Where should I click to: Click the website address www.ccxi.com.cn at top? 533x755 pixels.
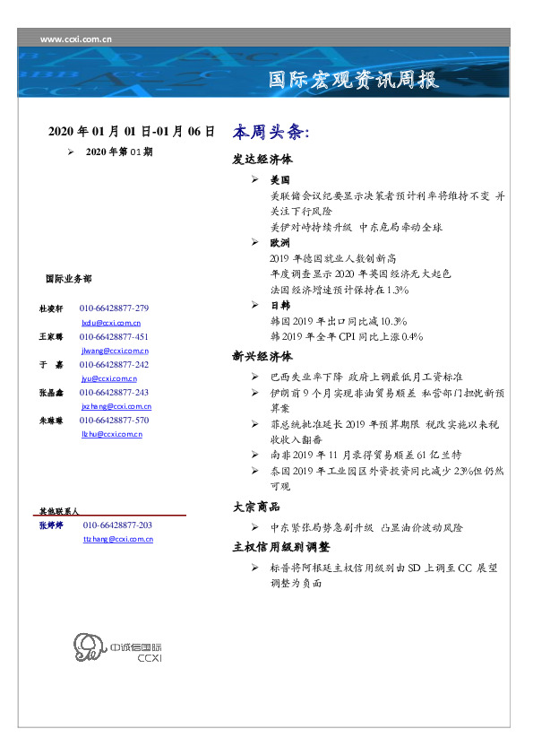76,39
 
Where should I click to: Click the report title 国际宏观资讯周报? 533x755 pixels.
354,80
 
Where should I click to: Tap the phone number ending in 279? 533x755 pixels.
114,308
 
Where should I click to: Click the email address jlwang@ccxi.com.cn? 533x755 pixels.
115,351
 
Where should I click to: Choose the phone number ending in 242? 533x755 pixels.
114,365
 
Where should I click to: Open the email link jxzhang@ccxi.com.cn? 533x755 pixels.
116,406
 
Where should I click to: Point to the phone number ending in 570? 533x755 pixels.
114,420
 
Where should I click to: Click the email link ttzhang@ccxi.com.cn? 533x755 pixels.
118,539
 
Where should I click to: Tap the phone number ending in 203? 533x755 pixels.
117,525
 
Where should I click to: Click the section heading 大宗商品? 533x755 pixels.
255,508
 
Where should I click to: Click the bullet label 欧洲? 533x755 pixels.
279,243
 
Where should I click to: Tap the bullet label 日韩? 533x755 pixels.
279,306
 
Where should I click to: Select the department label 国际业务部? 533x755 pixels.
67,279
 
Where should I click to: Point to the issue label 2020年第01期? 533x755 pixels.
119,152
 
